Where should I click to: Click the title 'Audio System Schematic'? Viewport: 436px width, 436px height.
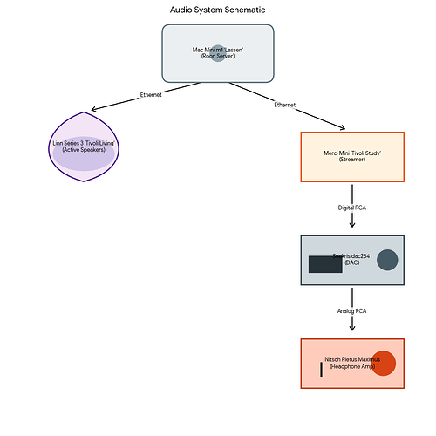click(218, 10)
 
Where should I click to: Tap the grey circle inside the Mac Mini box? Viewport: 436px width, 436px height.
click(218, 53)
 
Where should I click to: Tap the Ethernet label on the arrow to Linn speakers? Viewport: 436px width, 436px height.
click(151, 94)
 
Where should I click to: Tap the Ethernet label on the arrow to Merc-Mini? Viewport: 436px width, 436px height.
click(284, 105)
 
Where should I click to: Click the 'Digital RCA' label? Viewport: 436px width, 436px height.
click(352, 208)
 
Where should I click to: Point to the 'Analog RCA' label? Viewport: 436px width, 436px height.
click(352, 310)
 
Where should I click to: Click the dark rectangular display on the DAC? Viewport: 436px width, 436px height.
click(325, 264)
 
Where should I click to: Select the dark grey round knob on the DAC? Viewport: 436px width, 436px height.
click(387, 260)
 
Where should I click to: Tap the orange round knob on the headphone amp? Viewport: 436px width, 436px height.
click(384, 364)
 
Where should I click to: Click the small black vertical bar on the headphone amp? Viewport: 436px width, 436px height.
click(321, 369)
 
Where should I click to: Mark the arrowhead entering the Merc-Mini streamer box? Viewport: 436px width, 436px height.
click(340, 128)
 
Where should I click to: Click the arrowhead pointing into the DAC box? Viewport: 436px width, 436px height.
click(352, 223)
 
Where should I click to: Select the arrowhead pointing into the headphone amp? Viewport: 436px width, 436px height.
click(352, 327)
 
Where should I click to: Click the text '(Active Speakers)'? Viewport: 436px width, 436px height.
click(84, 150)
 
